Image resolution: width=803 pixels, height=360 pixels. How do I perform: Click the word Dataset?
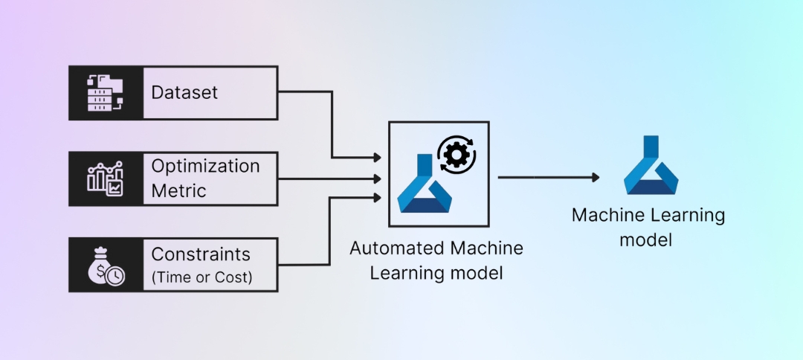coord(184,93)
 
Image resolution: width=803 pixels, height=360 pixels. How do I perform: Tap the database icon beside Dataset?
coord(106,93)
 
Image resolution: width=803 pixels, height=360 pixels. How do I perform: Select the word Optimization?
coord(205,166)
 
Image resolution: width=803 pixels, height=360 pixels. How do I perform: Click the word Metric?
coord(178,190)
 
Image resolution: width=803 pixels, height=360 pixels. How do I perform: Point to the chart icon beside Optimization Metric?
coord(106,179)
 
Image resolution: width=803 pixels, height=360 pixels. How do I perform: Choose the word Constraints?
coord(201,254)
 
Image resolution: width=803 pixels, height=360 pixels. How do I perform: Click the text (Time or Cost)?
coord(201,278)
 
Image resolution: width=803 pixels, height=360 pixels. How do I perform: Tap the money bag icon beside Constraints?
coord(105,265)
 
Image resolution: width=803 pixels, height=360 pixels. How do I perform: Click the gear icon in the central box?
coord(457,154)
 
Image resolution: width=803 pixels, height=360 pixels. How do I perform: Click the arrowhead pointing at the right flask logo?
coord(595,177)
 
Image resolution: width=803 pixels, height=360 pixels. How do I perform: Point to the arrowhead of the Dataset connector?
coord(378,158)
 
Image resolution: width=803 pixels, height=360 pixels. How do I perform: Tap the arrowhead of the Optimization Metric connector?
coord(378,179)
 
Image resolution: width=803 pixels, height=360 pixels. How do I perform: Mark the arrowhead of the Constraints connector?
coord(378,197)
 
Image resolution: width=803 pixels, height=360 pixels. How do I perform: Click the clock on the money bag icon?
coord(115,276)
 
